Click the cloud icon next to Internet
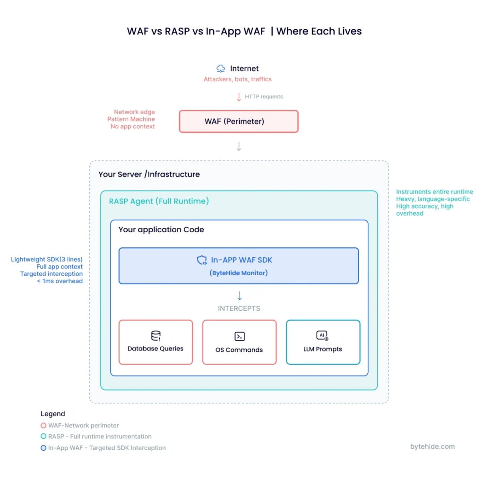point(221,69)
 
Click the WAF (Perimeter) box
point(239,122)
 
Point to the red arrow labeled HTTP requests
point(239,96)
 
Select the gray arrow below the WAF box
point(239,147)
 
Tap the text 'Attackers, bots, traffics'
point(237,79)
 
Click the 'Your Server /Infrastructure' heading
point(149,174)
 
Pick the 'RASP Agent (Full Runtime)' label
point(159,201)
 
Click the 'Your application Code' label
point(161,229)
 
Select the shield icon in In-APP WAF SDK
point(202,260)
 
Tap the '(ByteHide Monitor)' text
point(239,273)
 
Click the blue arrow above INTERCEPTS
point(239,296)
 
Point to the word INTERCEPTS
point(239,308)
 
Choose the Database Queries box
point(156,342)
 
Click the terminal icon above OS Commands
point(239,336)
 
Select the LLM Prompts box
point(323,342)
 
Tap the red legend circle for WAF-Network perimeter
point(43,425)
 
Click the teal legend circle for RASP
point(43,436)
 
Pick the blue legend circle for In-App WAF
point(43,448)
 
